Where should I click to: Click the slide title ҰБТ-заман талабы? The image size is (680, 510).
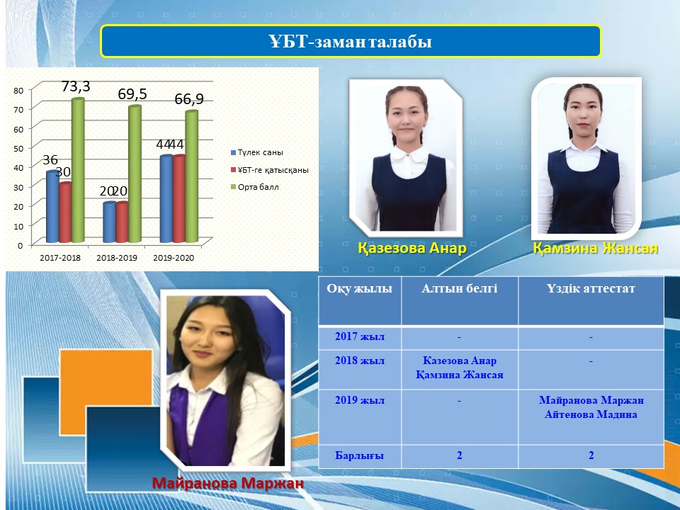[x=350, y=42]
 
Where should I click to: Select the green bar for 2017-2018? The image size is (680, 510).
[x=78, y=170]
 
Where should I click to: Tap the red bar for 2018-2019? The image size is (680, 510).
[x=123, y=222]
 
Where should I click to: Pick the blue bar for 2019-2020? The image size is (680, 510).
[x=166, y=198]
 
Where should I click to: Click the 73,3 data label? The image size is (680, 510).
[x=76, y=86]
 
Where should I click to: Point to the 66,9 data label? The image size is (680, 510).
[x=189, y=99]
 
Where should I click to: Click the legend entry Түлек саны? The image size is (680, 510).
[x=256, y=153]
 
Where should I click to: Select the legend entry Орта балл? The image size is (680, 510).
[x=255, y=187]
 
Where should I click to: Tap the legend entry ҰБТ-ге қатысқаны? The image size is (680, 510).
[x=270, y=170]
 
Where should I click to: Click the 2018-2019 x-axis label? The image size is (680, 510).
[x=117, y=258]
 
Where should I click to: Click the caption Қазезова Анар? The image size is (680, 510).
[x=412, y=248]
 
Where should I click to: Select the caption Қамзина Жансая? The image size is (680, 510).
[x=596, y=248]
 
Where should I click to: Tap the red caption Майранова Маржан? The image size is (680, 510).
[x=227, y=482]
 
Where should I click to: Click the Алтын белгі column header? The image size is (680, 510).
[x=459, y=288]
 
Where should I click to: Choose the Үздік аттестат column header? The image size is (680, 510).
[x=591, y=288]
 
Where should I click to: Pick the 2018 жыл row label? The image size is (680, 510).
[x=360, y=361]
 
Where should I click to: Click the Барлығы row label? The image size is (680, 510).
[x=360, y=455]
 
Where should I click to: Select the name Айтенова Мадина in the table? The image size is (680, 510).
[x=591, y=414]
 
